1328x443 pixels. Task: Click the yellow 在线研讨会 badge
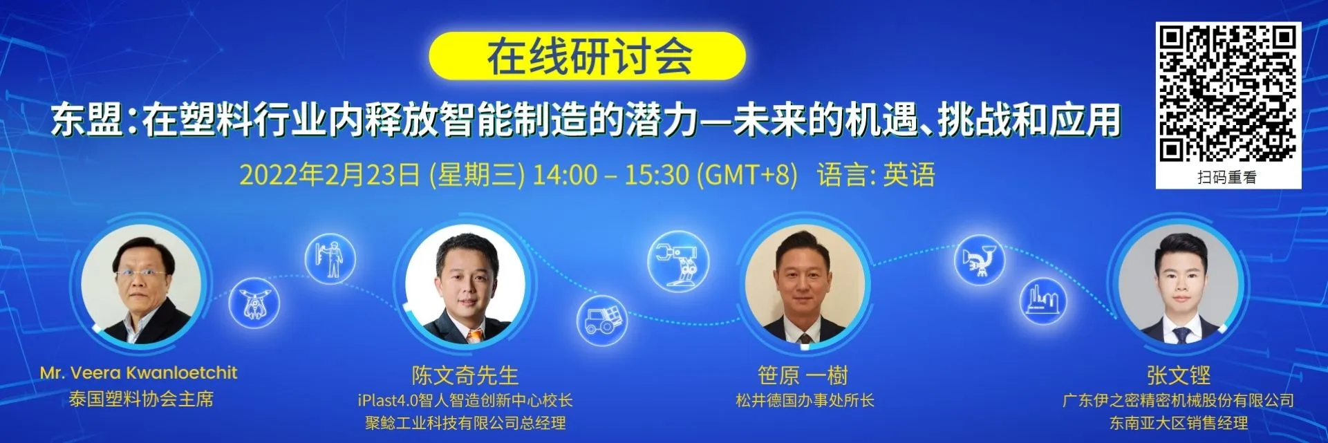tap(587, 56)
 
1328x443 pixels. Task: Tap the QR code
tap(1228, 94)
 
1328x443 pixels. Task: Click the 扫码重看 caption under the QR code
tap(1227, 178)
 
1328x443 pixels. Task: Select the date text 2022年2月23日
tap(330, 175)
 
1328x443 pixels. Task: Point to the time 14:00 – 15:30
tap(610, 175)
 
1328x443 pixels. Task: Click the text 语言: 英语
tap(876, 175)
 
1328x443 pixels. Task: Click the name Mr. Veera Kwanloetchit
tap(138, 373)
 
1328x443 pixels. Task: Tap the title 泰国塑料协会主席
tap(141, 399)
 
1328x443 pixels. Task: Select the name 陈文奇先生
tap(465, 375)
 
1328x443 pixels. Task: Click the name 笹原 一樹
tap(803, 375)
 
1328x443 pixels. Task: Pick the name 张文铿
tap(1179, 375)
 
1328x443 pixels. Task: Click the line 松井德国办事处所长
tap(805, 400)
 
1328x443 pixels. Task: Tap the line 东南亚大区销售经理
tap(1179, 423)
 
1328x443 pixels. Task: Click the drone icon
tap(254, 303)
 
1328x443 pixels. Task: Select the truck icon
tap(602, 320)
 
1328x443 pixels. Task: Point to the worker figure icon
tap(330, 258)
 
